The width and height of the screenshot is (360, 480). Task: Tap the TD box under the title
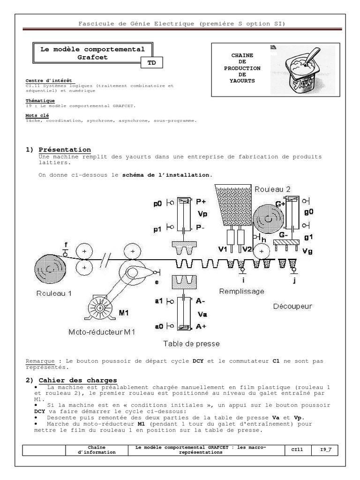coord(151,63)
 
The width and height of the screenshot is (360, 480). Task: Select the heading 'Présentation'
coord(65,150)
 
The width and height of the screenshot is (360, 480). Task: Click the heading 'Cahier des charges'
coord(78,380)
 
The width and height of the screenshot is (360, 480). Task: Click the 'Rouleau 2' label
coord(272,189)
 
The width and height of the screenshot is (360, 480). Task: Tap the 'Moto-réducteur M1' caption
coord(102,332)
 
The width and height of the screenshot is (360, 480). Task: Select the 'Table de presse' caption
coord(191,344)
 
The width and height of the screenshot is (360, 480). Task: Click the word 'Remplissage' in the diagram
coord(241,292)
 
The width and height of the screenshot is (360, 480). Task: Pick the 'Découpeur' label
coord(292,306)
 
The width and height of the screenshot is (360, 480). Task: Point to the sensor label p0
coord(158,204)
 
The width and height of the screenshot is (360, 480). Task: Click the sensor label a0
coord(158,326)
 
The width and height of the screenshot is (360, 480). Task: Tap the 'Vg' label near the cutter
coord(307,251)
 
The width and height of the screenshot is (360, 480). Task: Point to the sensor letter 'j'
coord(294,281)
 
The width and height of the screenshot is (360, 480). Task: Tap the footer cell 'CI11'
coord(297,450)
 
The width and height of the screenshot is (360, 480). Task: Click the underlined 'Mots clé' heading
coord(37,115)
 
